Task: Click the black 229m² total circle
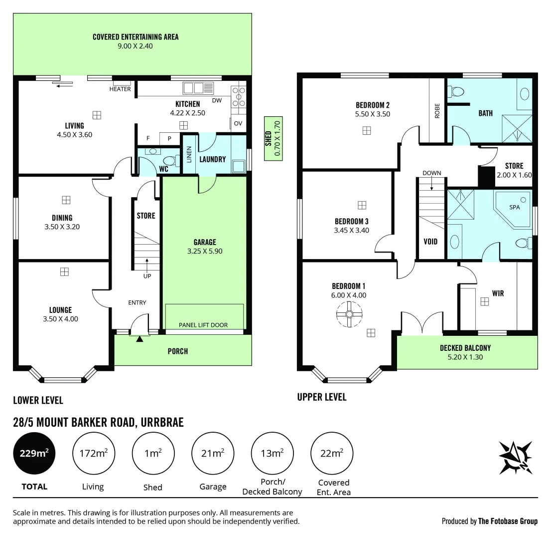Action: tap(34, 454)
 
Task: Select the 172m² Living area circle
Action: tap(93, 454)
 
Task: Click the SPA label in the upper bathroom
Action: tap(514, 207)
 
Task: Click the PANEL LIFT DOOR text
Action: tap(203, 325)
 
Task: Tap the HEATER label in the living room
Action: tap(120, 89)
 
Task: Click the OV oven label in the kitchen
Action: tap(238, 123)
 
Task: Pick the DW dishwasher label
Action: tap(217, 100)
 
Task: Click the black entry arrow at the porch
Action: tap(139, 339)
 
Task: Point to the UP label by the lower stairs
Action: tap(147, 276)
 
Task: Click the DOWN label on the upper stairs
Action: tap(431, 173)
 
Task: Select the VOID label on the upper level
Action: tap(430, 242)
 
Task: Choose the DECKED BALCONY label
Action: tap(465, 348)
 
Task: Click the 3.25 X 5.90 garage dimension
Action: tap(204, 252)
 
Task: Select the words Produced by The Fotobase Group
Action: tap(489, 521)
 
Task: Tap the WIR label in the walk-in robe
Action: tap(497, 293)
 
